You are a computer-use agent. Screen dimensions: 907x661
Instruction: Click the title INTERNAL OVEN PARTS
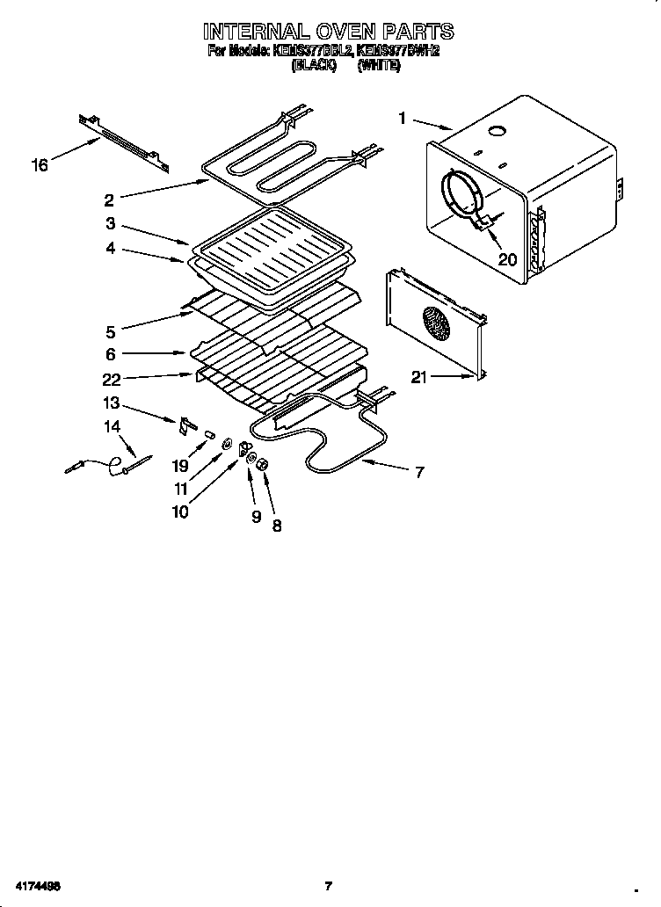pos(329,32)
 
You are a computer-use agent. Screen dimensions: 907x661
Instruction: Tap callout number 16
pos(40,164)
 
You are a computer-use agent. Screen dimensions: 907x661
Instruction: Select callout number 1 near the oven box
pos(402,117)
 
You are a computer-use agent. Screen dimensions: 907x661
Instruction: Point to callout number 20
pos(507,258)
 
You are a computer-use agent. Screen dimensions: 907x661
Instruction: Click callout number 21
pos(420,378)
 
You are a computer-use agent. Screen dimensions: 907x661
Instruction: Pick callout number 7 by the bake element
pos(419,472)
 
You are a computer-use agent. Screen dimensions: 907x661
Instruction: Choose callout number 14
pos(111,427)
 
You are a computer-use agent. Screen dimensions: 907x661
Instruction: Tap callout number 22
pos(112,380)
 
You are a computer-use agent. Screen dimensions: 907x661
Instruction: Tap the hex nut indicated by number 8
pos(263,465)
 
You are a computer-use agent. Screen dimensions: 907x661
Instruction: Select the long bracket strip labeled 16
pos(123,140)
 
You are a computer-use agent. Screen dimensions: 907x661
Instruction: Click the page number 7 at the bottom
pos(328,885)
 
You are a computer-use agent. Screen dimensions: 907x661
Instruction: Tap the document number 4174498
pos(36,885)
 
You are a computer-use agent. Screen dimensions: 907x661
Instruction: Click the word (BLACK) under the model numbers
pos(314,66)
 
